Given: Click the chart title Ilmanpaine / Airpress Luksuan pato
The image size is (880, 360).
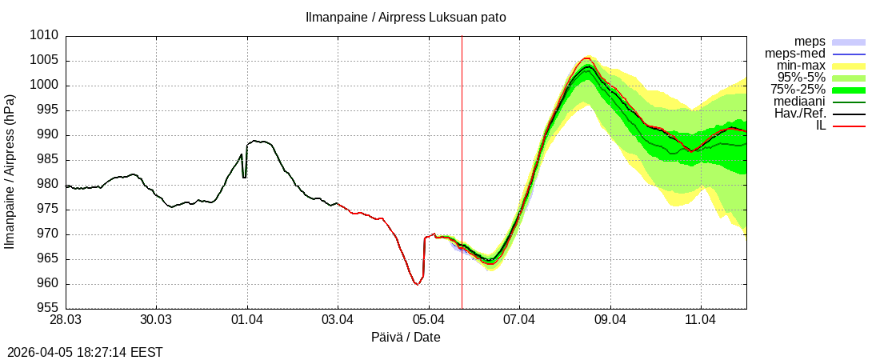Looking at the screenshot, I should pos(406,17).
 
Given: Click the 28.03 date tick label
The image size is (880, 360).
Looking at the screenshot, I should pos(66,320).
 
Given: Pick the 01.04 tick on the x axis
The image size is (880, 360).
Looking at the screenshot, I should pos(247,320).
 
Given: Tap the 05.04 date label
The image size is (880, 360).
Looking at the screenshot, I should pos(429,320).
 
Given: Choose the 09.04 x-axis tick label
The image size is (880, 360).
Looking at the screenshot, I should pos(610,320).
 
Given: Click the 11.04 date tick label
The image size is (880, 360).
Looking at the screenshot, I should pos(701,320).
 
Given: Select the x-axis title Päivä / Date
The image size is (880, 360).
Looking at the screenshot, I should pos(406,338).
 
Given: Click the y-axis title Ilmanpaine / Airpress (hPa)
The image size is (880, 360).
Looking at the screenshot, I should pos(10,172).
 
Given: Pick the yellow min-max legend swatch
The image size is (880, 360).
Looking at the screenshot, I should pos(850,66).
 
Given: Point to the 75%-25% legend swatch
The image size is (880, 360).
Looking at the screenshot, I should pos(850,90).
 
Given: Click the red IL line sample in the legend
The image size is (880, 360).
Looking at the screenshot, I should pos(850,126).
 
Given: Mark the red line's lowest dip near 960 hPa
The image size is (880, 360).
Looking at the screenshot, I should pos(418,284).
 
